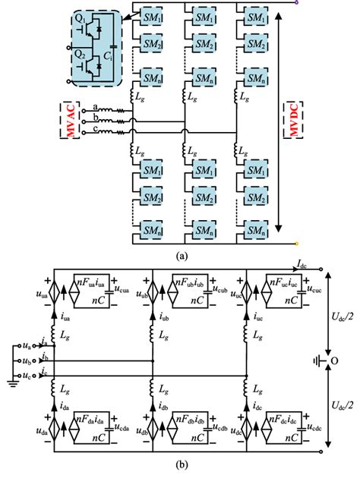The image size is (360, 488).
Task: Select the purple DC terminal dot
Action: pyautogui.click(x=295, y=2)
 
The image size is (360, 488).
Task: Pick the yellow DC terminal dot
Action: pyautogui.click(x=295, y=244)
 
